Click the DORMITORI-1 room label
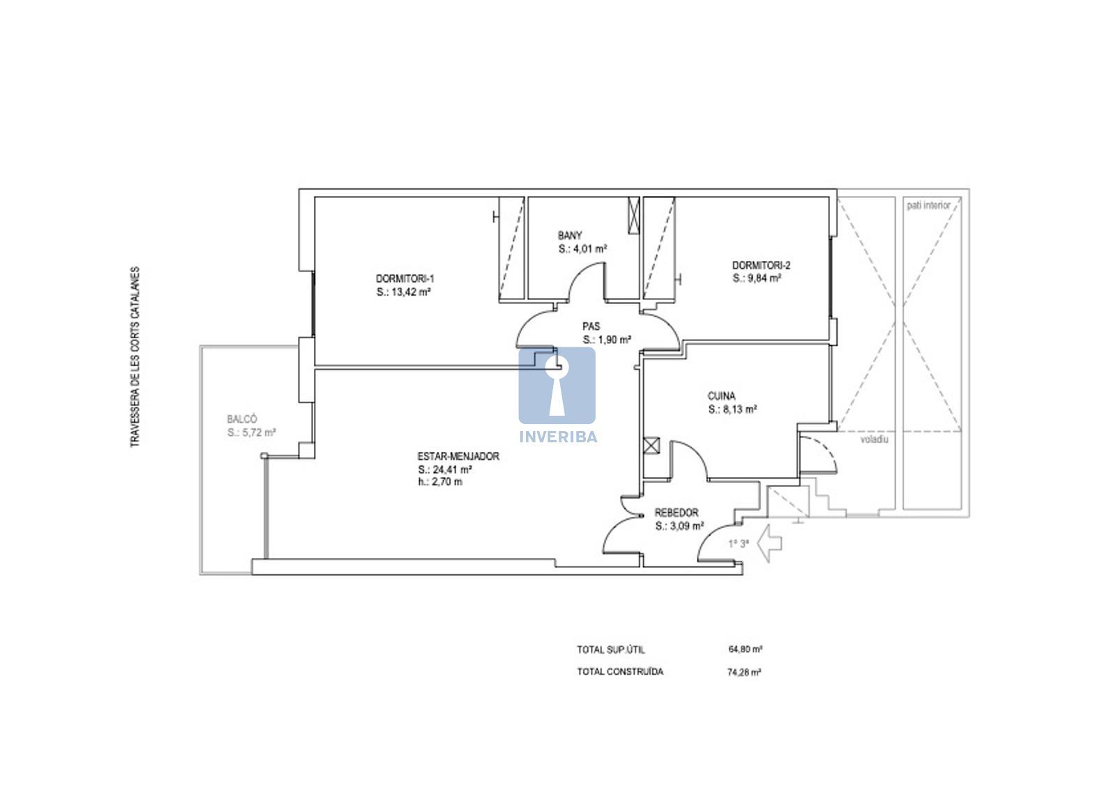[x=405, y=278]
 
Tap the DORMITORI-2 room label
[x=761, y=265]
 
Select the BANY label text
[x=569, y=235]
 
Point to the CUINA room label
[x=721, y=396]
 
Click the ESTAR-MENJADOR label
[x=458, y=456]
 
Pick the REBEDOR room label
[x=676, y=512]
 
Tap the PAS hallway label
[x=591, y=326]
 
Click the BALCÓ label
[x=241, y=419]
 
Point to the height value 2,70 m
[x=447, y=482]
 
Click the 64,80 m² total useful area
[x=746, y=649]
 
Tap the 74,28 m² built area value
[x=744, y=672]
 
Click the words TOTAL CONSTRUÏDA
[x=620, y=672]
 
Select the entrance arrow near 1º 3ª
[x=769, y=543]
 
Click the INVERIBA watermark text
[x=558, y=437]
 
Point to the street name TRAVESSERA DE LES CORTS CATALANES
[x=135, y=357]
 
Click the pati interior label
[x=928, y=205]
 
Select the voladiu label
[x=875, y=439]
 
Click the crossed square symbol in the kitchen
[x=651, y=445]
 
